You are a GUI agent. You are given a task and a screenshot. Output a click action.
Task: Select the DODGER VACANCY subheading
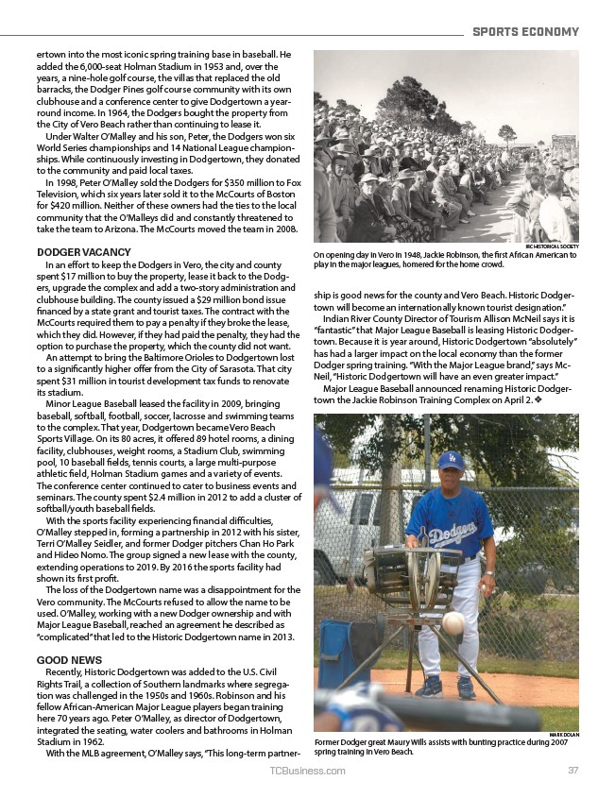pyautogui.click(x=83, y=252)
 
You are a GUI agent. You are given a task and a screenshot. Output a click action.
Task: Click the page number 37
pyautogui.click(x=572, y=771)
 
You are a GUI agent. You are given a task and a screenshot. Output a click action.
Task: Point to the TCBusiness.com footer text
pyautogui.click(x=307, y=771)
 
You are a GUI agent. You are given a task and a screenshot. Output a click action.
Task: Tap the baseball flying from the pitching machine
pyautogui.click(x=454, y=622)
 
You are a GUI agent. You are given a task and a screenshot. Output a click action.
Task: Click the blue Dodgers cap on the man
pyautogui.click(x=452, y=461)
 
